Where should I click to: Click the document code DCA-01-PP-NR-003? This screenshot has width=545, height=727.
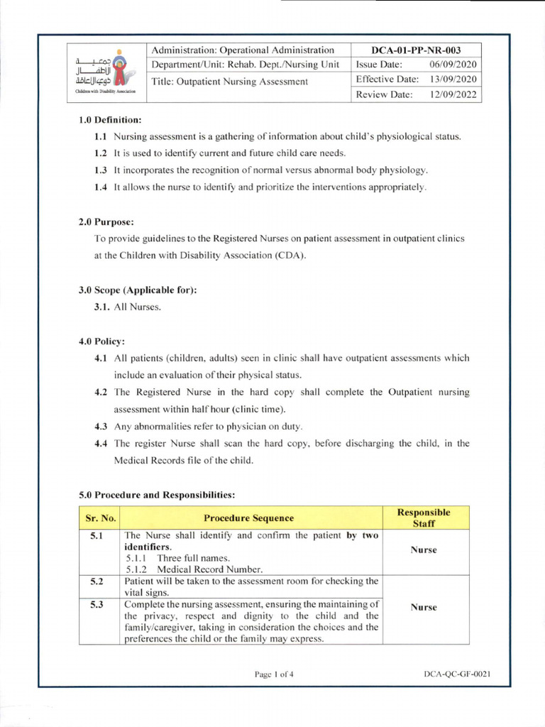(417, 50)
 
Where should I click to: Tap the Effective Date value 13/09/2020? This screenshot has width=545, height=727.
(453, 79)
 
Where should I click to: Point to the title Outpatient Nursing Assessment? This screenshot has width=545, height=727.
(230, 81)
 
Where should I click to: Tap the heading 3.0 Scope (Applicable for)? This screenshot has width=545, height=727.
(138, 290)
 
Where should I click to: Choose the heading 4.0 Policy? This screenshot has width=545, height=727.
(101, 341)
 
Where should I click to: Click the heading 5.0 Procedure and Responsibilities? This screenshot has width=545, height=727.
(156, 494)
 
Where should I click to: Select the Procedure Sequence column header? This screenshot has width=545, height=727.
(249, 518)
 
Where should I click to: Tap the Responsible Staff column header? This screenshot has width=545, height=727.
(424, 518)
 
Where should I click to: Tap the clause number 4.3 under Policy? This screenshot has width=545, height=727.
(101, 426)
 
